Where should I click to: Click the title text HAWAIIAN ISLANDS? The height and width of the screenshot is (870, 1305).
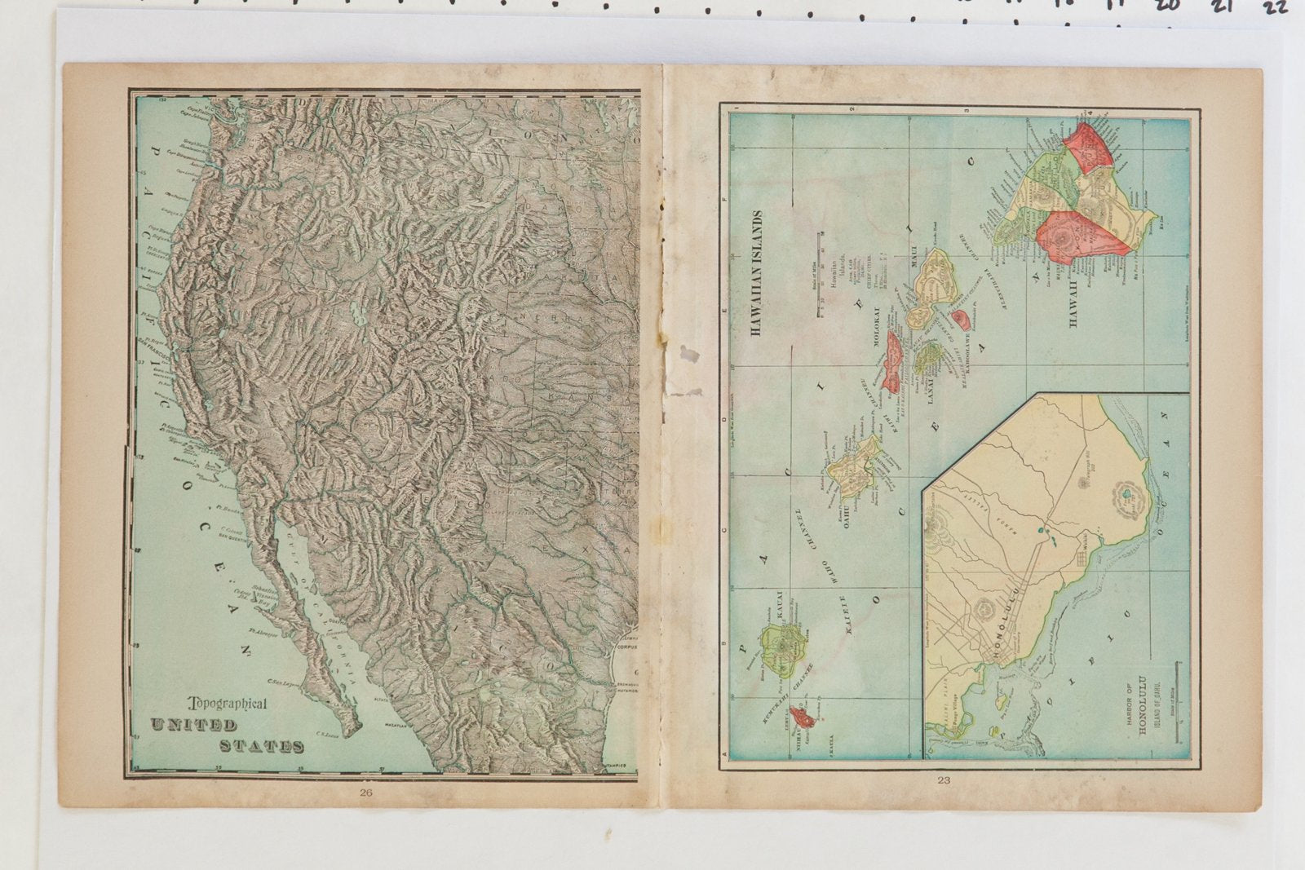coord(756,273)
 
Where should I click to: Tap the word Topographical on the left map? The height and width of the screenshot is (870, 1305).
coord(228,704)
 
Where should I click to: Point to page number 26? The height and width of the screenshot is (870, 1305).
coord(366,792)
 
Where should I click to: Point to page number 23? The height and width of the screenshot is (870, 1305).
coord(944,780)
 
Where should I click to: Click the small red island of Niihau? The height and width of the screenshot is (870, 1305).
coord(804,718)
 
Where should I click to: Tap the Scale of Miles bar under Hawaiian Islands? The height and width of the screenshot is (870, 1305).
coord(819,273)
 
